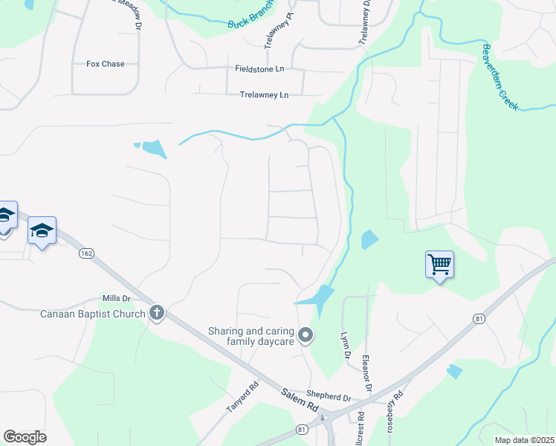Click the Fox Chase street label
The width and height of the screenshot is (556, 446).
pos(106,64)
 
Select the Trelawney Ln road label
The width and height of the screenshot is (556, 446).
pos(264,95)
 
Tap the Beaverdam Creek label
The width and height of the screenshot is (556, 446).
pos(500,77)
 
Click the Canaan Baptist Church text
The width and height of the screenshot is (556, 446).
pos(92,313)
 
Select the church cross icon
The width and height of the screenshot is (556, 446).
pos(156,313)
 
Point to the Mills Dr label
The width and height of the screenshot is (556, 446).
pos(116,299)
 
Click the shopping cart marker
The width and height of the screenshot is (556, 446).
pos(439,264)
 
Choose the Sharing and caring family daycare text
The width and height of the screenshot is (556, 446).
pos(251,337)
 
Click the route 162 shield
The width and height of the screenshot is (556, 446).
pos(87,253)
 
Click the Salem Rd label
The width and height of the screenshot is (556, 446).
pos(300,402)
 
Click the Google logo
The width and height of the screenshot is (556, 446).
pos(25,437)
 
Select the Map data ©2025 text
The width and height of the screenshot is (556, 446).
pos(523,440)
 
